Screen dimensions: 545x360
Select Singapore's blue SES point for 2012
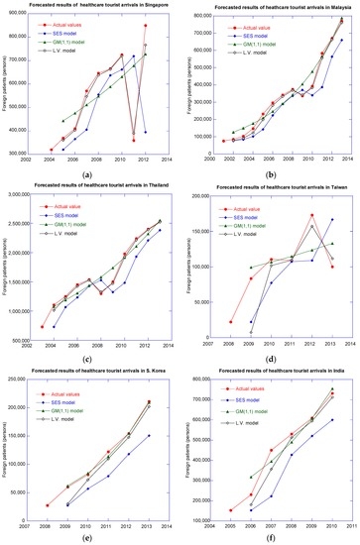[146, 131]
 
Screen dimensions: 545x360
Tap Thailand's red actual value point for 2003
[42, 326]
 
